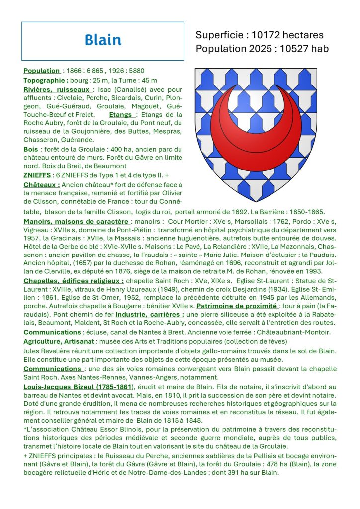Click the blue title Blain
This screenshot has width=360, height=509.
(102, 40)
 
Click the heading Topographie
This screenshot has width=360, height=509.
(46, 80)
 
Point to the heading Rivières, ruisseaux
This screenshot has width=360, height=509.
(57, 89)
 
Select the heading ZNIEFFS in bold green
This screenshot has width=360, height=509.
(37, 175)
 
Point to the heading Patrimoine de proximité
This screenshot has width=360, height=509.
(237, 306)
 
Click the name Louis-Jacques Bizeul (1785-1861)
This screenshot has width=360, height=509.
(78, 387)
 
